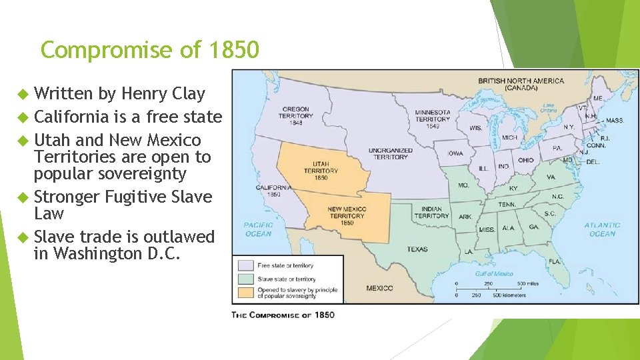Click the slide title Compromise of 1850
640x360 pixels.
[x=150, y=50]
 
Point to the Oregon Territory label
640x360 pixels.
[x=295, y=115]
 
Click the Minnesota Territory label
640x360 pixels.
[x=433, y=118]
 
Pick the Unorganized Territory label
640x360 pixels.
[x=391, y=153]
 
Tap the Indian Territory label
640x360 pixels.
[x=431, y=212]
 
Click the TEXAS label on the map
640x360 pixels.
[x=418, y=249]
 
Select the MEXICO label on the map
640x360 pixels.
[x=379, y=288]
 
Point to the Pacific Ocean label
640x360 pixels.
[x=258, y=229]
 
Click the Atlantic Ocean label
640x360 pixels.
[x=601, y=229]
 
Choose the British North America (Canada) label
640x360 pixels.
[x=521, y=85]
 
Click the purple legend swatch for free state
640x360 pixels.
[x=244, y=265]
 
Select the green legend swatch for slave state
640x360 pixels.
[x=244, y=278]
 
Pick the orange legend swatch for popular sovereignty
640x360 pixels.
[x=244, y=291]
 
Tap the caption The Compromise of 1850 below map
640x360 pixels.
[x=283, y=315]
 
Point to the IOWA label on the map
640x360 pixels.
[x=455, y=153]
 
